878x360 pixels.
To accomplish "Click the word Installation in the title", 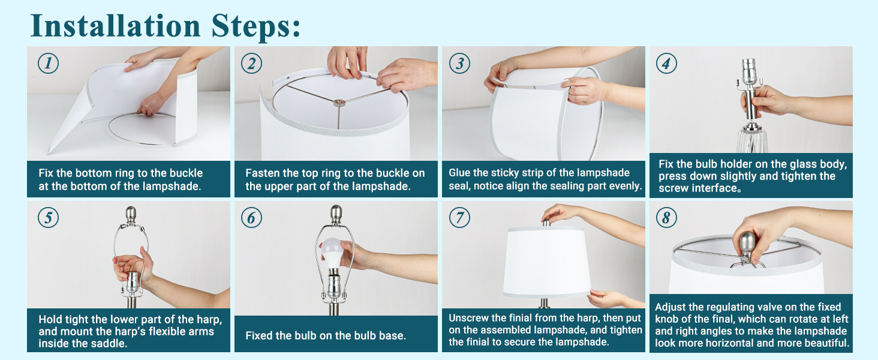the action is (x=116, y=26).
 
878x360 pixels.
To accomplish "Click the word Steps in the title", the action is (x=256, y=26).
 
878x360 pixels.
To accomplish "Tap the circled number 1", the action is (x=48, y=63).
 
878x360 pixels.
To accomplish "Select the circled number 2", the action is (x=252, y=63).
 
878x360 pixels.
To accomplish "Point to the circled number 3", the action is (x=460, y=63).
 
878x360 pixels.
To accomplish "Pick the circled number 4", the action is (x=666, y=63).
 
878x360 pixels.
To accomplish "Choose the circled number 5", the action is (x=48, y=218).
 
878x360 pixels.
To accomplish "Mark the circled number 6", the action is (x=252, y=218).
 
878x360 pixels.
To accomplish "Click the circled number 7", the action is (x=460, y=218).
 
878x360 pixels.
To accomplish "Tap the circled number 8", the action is (x=666, y=218).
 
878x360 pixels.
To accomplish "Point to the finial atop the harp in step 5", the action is (x=131, y=215).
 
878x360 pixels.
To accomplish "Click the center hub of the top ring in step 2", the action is (x=339, y=103).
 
